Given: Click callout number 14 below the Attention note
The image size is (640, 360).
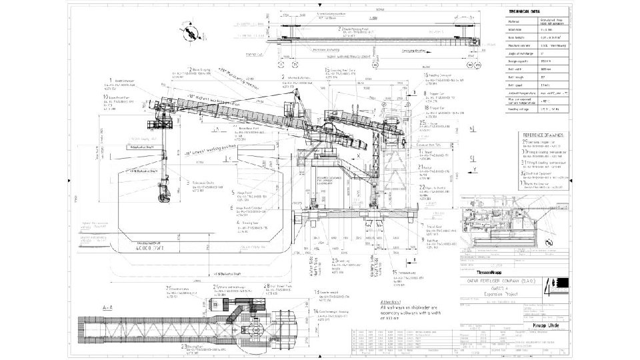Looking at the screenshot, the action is coord(315,311).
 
